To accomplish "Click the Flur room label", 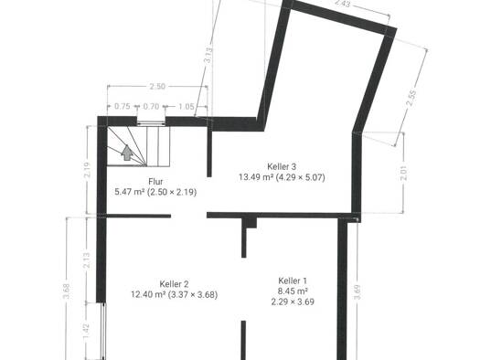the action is pos(155,182).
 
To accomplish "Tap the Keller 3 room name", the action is pos(282,166).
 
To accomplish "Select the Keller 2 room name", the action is pos(174,284).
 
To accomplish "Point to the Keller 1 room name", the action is pos(293,281).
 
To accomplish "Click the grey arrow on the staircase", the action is pos(126,153).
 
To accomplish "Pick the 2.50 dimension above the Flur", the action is pos(157,86).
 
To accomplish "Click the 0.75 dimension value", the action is pos(123,106).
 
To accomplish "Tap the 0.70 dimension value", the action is pos(151,106).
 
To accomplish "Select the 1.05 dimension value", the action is pos(187,106).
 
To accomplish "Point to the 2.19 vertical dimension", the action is pos(88,170).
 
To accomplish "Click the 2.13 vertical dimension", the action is pos(87,260).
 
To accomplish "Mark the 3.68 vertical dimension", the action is pos(68,291).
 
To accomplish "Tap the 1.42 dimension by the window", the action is pos(86,331).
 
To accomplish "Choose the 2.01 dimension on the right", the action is pos(404,173).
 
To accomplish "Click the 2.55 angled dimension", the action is pos(411,98).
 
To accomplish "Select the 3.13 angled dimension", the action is pos(208,55).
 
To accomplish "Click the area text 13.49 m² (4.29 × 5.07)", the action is pos(282,177).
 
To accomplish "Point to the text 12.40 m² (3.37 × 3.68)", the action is pos(175,295).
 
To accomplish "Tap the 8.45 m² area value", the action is pos(293,291).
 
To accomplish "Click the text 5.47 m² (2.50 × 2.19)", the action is pos(155,192).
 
